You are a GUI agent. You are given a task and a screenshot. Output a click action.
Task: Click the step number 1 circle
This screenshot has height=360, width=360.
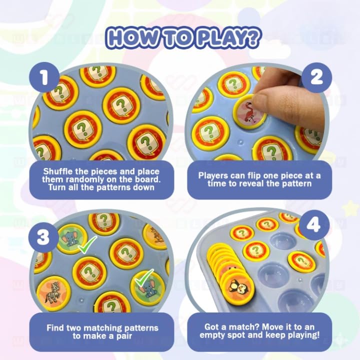coord(44,77)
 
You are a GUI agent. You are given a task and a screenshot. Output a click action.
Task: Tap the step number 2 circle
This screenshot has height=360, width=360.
coord(316,77)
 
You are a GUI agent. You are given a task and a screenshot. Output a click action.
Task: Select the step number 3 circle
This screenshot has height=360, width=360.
coord(43,237)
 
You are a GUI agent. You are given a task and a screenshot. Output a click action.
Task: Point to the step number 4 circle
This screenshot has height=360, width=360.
coord(313,225)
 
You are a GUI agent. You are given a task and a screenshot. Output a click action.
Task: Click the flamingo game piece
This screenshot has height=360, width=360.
coord(250,112)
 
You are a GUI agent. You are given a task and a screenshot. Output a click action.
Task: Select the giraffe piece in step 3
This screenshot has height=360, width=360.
coord(156,236)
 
